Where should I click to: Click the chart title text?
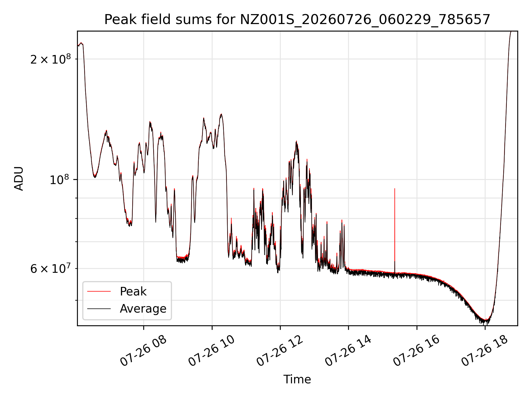(297, 20)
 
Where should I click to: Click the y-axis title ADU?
(19, 179)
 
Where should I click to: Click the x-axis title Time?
(297, 379)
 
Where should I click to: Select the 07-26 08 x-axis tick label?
(144, 351)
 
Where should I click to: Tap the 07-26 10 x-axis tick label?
(212, 351)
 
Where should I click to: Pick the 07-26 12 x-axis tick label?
(280, 351)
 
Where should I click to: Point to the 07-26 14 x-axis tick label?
(348, 351)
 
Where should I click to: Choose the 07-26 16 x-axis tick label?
(417, 351)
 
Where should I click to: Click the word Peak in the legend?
(133, 292)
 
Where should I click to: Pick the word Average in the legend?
(143, 309)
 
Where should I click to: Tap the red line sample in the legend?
(99, 292)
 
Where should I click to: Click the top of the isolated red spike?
(394, 189)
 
